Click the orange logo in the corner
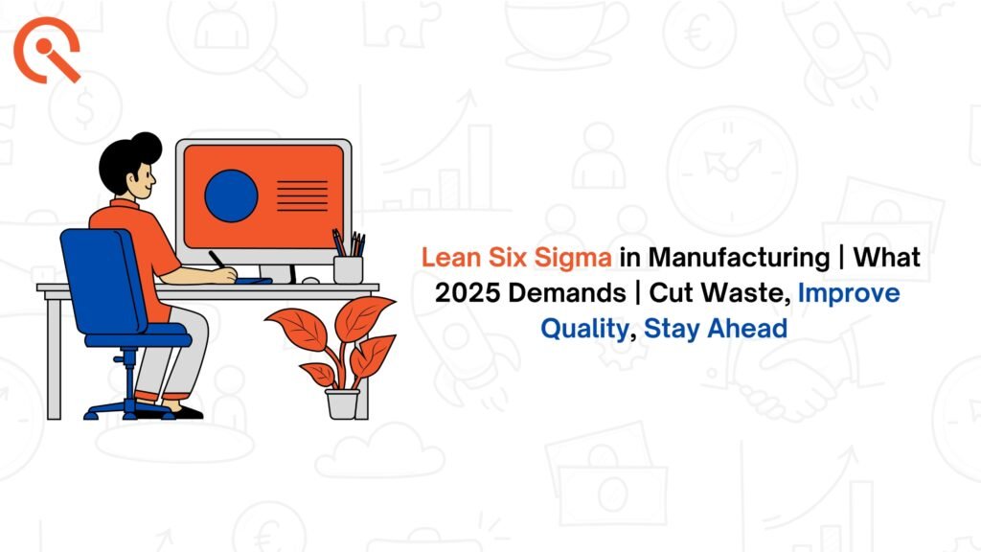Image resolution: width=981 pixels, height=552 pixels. pos(46,50)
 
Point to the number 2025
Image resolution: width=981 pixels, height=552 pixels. pos(468,293)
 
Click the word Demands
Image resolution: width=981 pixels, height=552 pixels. pos(567,293)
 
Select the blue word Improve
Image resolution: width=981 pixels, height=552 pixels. pos(849,293)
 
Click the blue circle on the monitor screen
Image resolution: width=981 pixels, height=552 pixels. pos(231,195)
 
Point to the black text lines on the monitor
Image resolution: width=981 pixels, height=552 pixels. pos(302,195)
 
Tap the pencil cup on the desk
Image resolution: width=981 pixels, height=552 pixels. pos(348,269)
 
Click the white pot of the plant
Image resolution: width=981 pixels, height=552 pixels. pos(343,403)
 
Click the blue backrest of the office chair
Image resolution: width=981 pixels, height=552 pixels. pos(103,282)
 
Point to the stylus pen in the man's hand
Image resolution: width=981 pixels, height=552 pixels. pos(218,261)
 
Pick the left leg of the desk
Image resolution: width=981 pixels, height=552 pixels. pos(54,356)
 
